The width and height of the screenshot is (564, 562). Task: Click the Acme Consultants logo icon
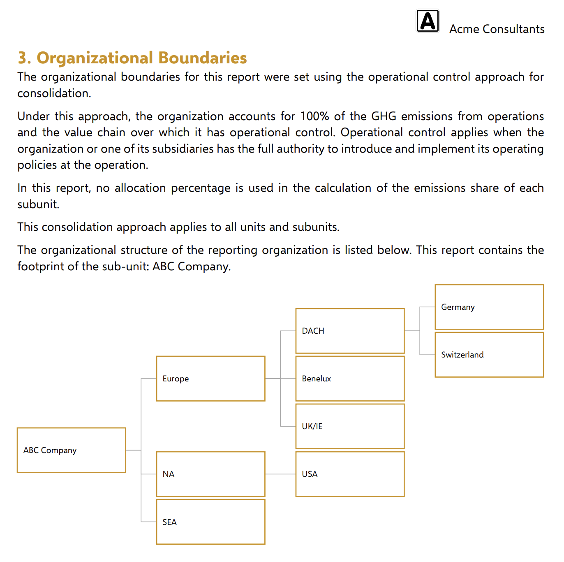(428, 21)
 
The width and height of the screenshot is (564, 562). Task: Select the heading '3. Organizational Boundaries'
(132, 58)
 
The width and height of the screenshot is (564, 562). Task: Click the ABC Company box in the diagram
(71, 450)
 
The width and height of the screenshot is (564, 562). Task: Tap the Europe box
(210, 379)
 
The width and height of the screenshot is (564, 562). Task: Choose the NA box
(210, 474)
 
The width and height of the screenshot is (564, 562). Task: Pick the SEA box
(210, 522)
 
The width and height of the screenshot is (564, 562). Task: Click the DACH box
(350, 331)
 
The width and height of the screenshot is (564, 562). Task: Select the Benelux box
(350, 379)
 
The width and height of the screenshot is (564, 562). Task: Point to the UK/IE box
(350, 426)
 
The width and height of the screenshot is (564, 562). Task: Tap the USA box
(350, 474)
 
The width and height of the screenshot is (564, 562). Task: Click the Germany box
(489, 307)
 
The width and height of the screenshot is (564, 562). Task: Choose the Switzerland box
(489, 355)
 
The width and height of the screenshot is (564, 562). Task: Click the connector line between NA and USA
(280, 474)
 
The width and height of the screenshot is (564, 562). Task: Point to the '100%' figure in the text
(314, 116)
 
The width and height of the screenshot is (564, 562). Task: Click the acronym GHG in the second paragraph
(384, 116)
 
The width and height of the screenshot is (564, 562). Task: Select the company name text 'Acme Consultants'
(497, 29)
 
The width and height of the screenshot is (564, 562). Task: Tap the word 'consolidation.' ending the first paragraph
(54, 93)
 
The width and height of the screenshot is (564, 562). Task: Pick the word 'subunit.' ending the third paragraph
(38, 204)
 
